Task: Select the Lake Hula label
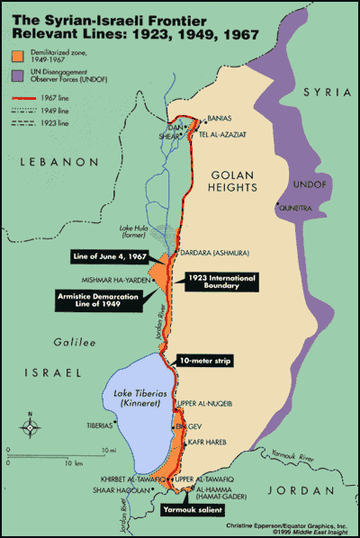(x=134, y=230)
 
